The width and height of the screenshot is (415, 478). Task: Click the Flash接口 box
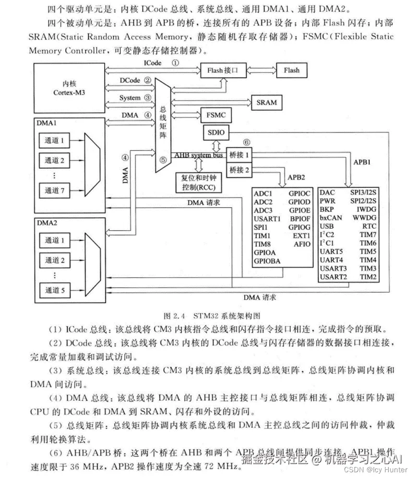pyautogui.click(x=223, y=70)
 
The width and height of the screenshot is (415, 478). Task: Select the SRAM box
pyautogui.click(x=266, y=102)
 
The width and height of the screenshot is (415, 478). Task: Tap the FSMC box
pyautogui.click(x=215, y=116)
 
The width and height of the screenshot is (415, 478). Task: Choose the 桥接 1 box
pyautogui.click(x=239, y=155)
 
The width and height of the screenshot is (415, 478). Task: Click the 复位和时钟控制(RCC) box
pyautogui.click(x=197, y=182)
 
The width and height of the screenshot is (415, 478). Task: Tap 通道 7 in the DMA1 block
pyautogui.click(x=55, y=189)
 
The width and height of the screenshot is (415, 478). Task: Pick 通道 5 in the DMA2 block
pyautogui.click(x=55, y=290)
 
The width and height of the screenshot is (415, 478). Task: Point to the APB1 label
pyautogui.click(x=362, y=163)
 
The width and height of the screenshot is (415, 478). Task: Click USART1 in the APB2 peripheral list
pyautogui.click(x=268, y=219)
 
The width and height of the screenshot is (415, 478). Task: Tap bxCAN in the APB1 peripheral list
pyautogui.click(x=331, y=218)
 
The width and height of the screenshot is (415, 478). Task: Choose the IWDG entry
pyautogui.click(x=367, y=210)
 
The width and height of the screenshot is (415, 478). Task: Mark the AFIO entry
pyautogui.click(x=302, y=244)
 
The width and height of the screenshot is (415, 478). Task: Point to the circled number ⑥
pyautogui.click(x=247, y=142)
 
